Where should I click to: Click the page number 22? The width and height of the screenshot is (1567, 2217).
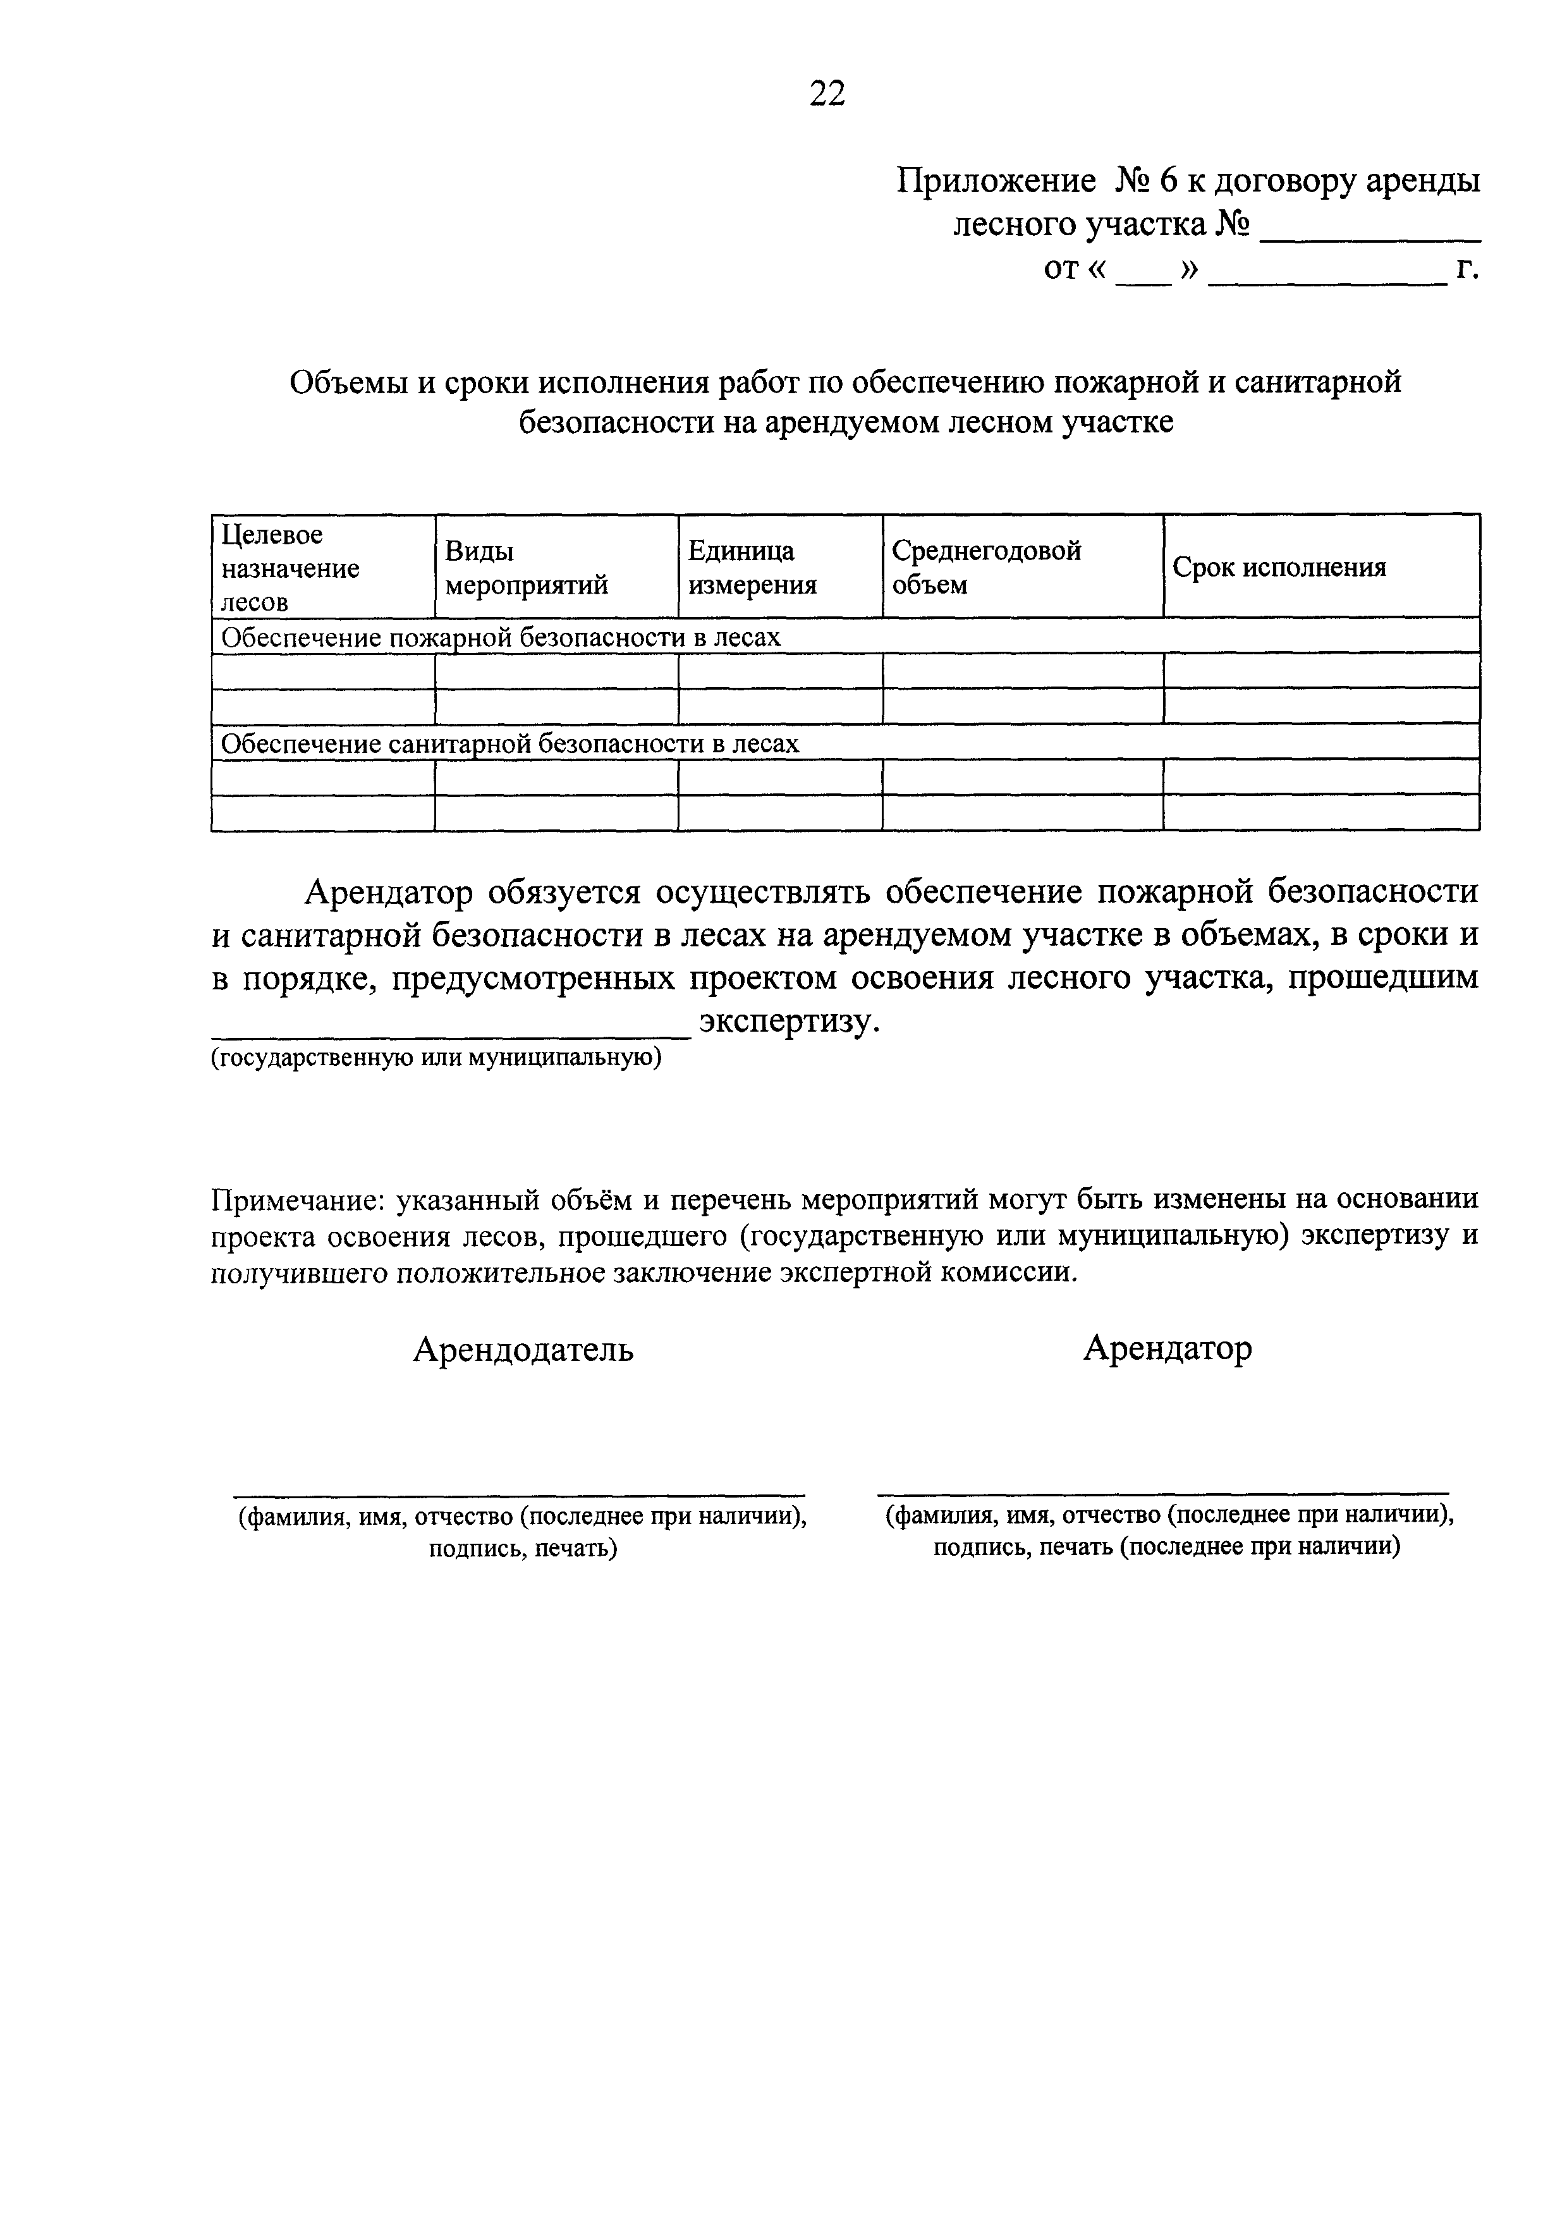[827, 94]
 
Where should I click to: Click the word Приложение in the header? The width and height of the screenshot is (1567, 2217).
[996, 181]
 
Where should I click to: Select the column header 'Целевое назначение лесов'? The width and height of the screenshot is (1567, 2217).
[290, 568]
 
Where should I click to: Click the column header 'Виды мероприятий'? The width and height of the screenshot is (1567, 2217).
[526, 568]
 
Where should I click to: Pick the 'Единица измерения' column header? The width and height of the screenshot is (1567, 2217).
[752, 568]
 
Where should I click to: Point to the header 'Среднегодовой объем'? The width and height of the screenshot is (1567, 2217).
[985, 568]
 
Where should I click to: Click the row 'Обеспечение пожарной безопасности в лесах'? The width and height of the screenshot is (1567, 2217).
[500, 637]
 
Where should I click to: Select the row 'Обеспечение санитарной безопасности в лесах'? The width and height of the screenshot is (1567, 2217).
[509, 743]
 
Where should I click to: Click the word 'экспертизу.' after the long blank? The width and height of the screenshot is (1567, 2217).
[790, 1021]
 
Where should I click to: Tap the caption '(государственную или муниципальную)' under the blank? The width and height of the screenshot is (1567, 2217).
[436, 1058]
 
